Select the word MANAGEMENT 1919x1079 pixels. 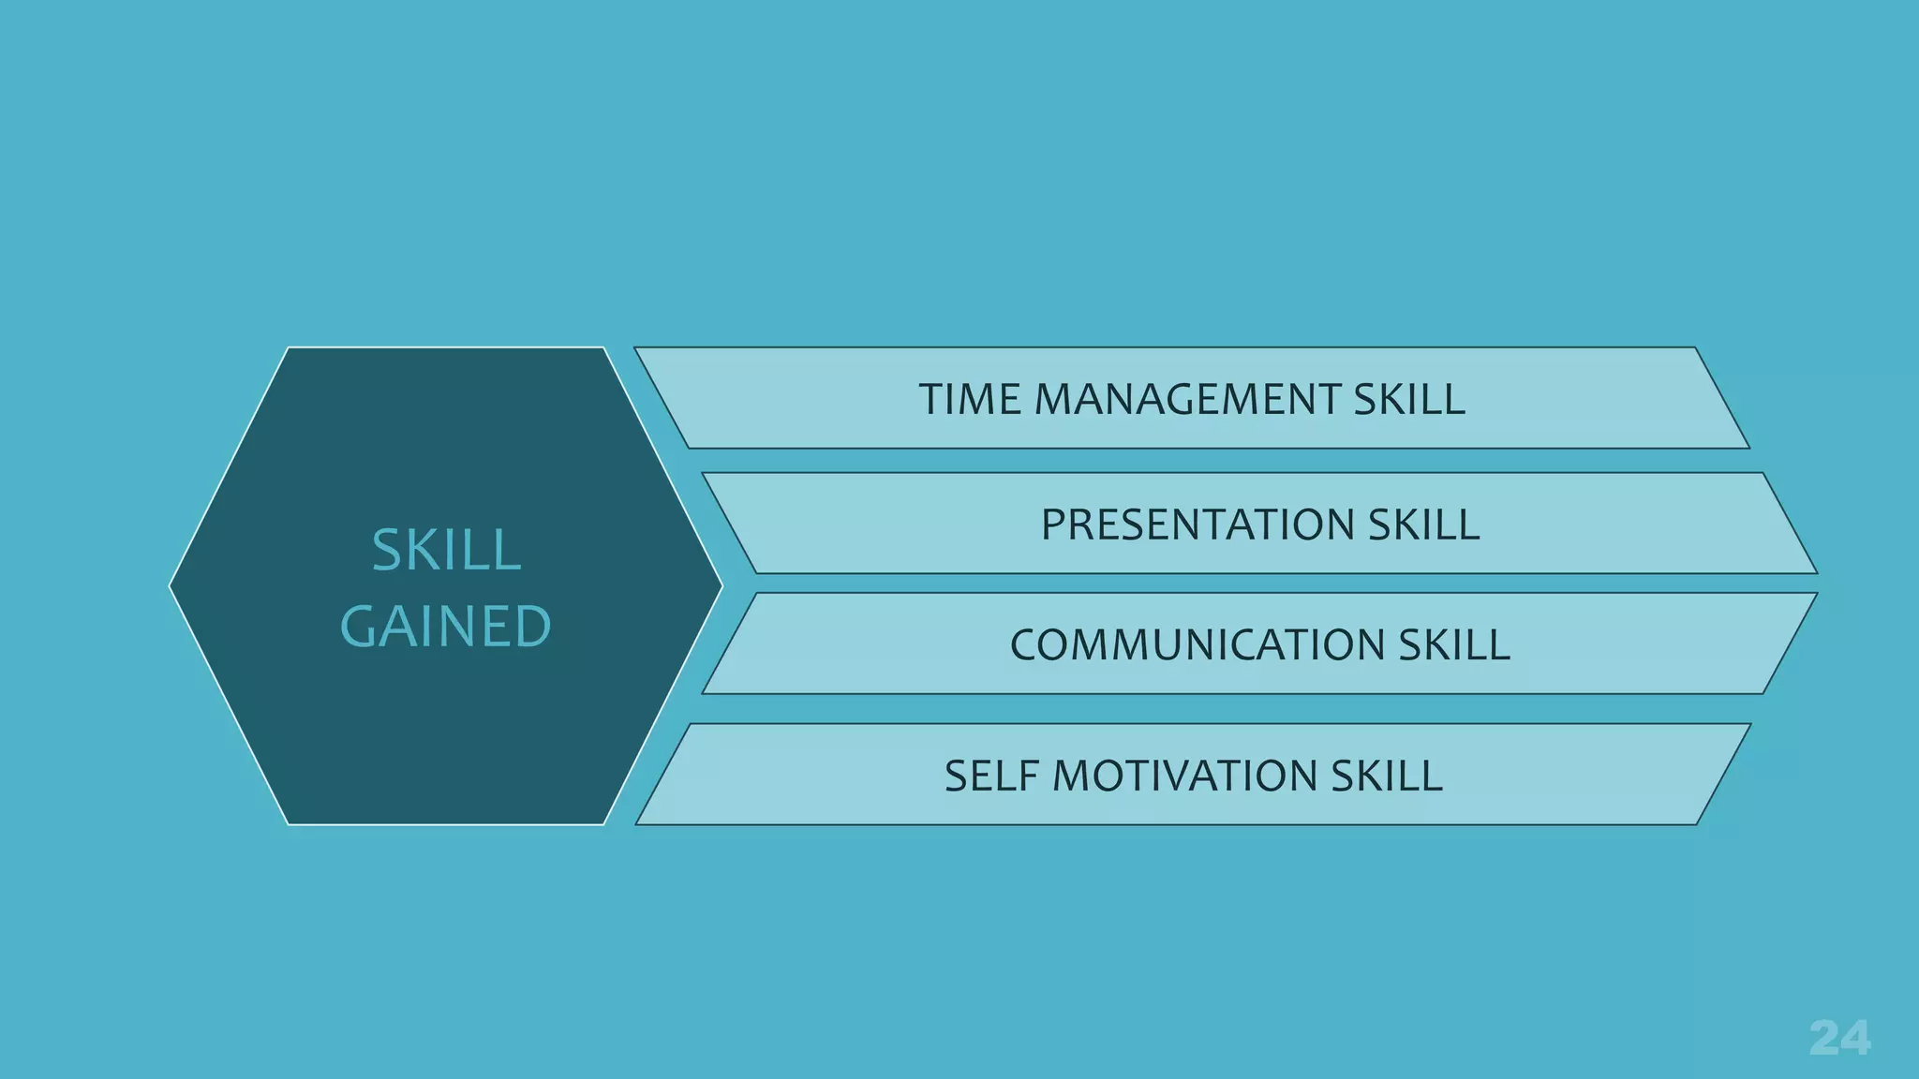[x=1187, y=400]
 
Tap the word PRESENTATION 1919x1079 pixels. [x=1197, y=525]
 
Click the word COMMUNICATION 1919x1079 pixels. [x=1197, y=645]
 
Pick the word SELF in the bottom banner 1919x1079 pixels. [x=991, y=776]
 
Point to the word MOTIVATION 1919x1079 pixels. [x=1183, y=776]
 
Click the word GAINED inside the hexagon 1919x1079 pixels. [x=446, y=627]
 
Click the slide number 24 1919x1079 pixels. [x=1839, y=1038]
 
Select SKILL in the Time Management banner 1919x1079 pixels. [x=1409, y=400]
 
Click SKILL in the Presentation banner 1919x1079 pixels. [x=1423, y=525]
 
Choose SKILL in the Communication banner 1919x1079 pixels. [x=1454, y=645]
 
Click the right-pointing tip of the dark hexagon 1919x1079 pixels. [x=721, y=586]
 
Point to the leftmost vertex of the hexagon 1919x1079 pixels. [x=171, y=586]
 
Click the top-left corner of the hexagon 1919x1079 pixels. [x=289, y=348]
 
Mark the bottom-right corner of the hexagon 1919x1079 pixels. [x=604, y=824]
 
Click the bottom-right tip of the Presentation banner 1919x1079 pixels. [x=1815, y=572]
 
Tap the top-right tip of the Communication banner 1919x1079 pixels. [x=1815, y=594]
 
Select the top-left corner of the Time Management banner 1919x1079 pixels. [x=636, y=348]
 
